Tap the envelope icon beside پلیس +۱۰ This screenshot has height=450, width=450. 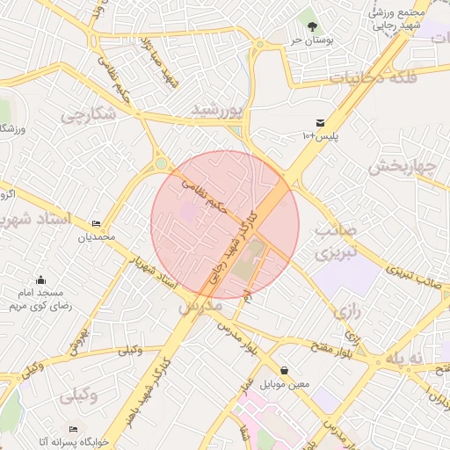coord(319,123)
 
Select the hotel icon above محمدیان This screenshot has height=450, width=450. coord(96,224)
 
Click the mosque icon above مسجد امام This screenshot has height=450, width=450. coord(41,280)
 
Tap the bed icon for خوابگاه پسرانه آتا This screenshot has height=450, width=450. coord(73,430)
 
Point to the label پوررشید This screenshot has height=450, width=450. coord(216,110)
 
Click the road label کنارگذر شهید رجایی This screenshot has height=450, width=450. coord(230,247)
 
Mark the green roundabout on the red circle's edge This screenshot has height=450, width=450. coord(160,163)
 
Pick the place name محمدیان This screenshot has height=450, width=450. coord(96,237)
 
